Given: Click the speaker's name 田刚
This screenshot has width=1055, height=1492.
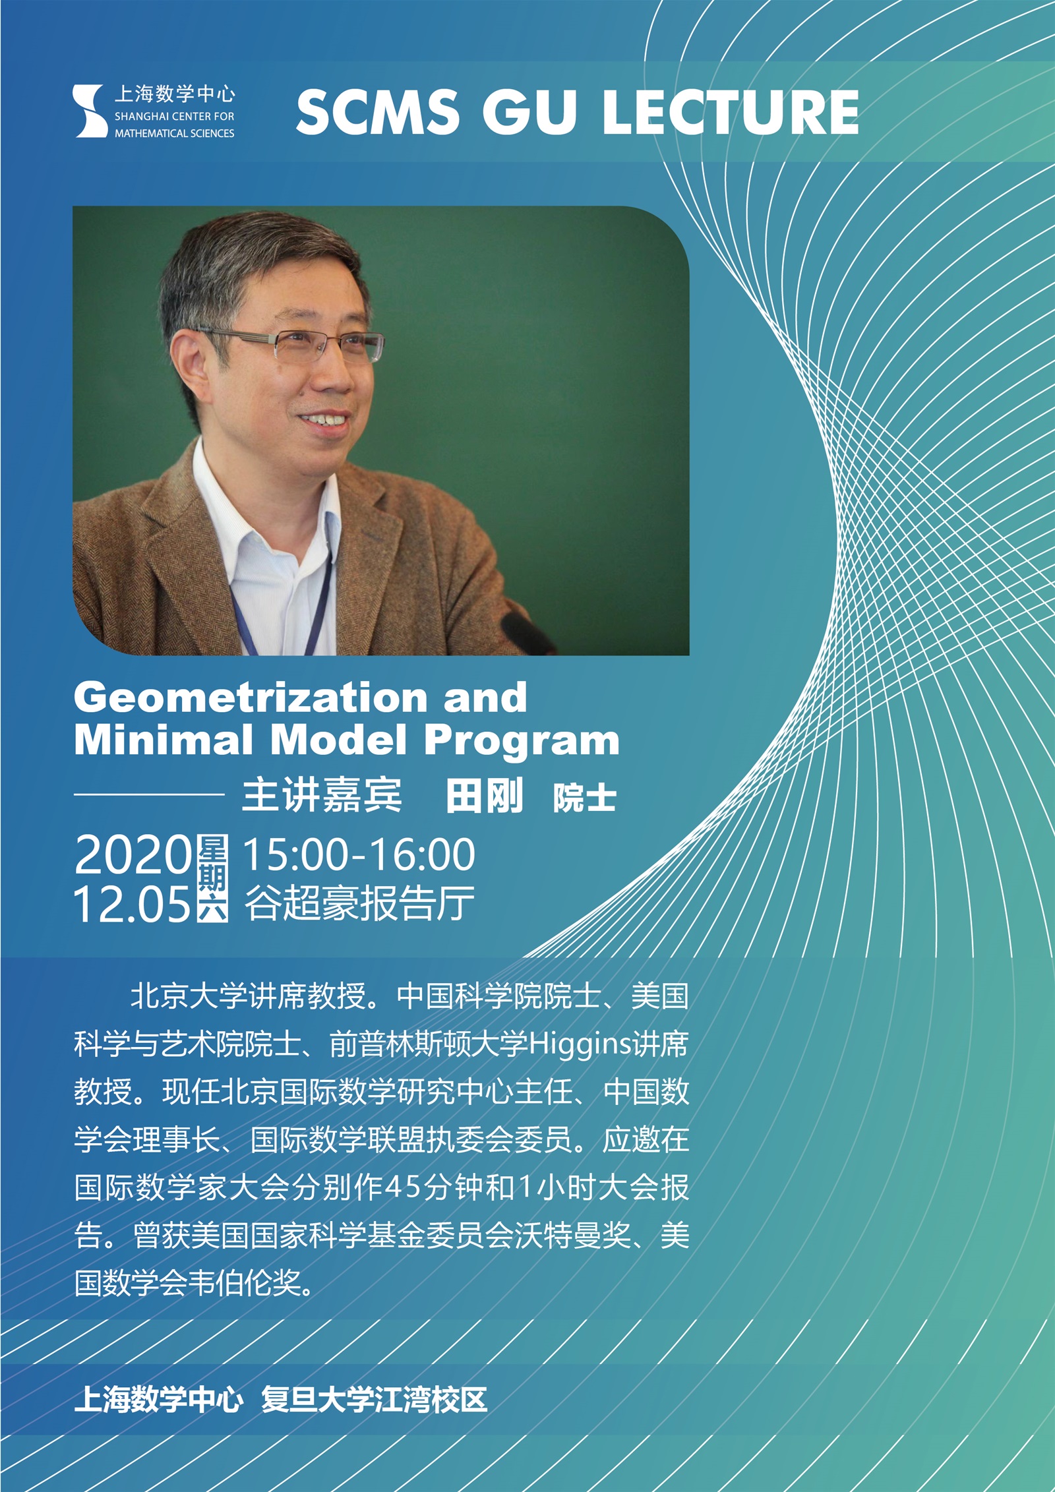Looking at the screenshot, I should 484,796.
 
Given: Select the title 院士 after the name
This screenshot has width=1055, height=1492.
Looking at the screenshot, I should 584,798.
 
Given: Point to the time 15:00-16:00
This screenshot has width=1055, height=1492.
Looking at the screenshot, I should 359,854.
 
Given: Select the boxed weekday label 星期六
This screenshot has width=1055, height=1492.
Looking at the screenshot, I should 213,878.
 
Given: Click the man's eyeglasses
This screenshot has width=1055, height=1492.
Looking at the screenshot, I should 316,345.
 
